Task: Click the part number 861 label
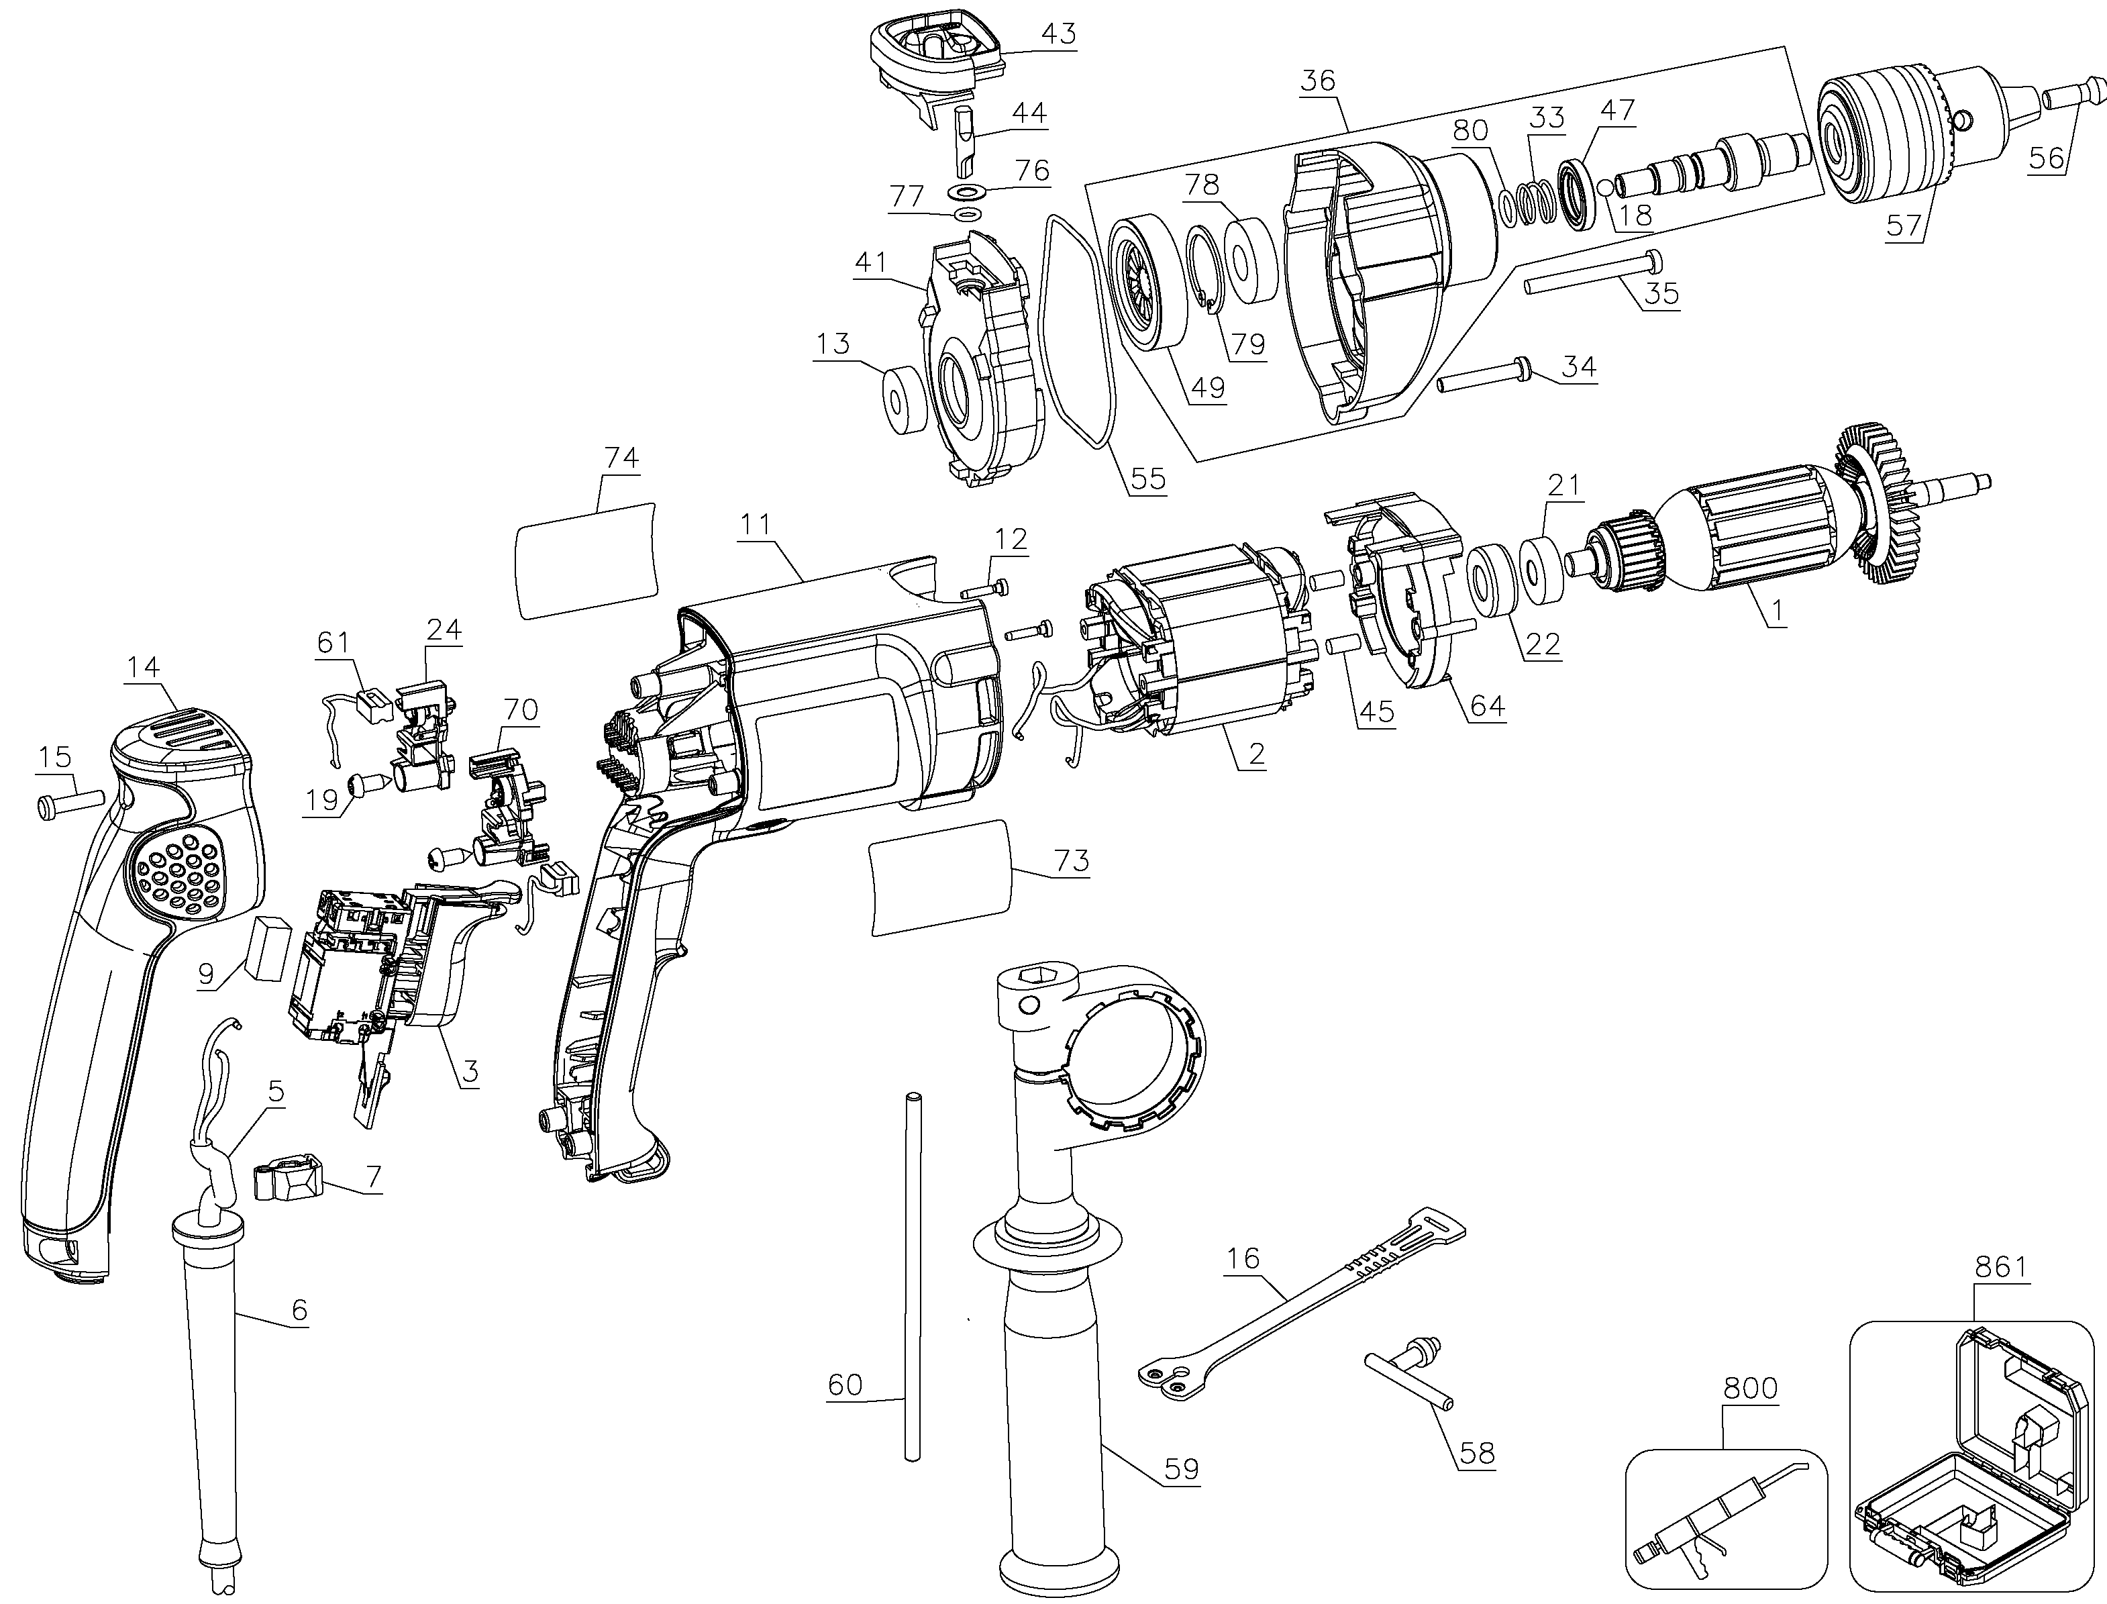click(x=2000, y=1267)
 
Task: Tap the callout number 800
click(x=1751, y=1414)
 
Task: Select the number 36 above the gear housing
click(x=1319, y=81)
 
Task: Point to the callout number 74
click(x=621, y=458)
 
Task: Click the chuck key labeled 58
click(x=1402, y=1362)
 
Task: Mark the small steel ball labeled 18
click(x=1603, y=186)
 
